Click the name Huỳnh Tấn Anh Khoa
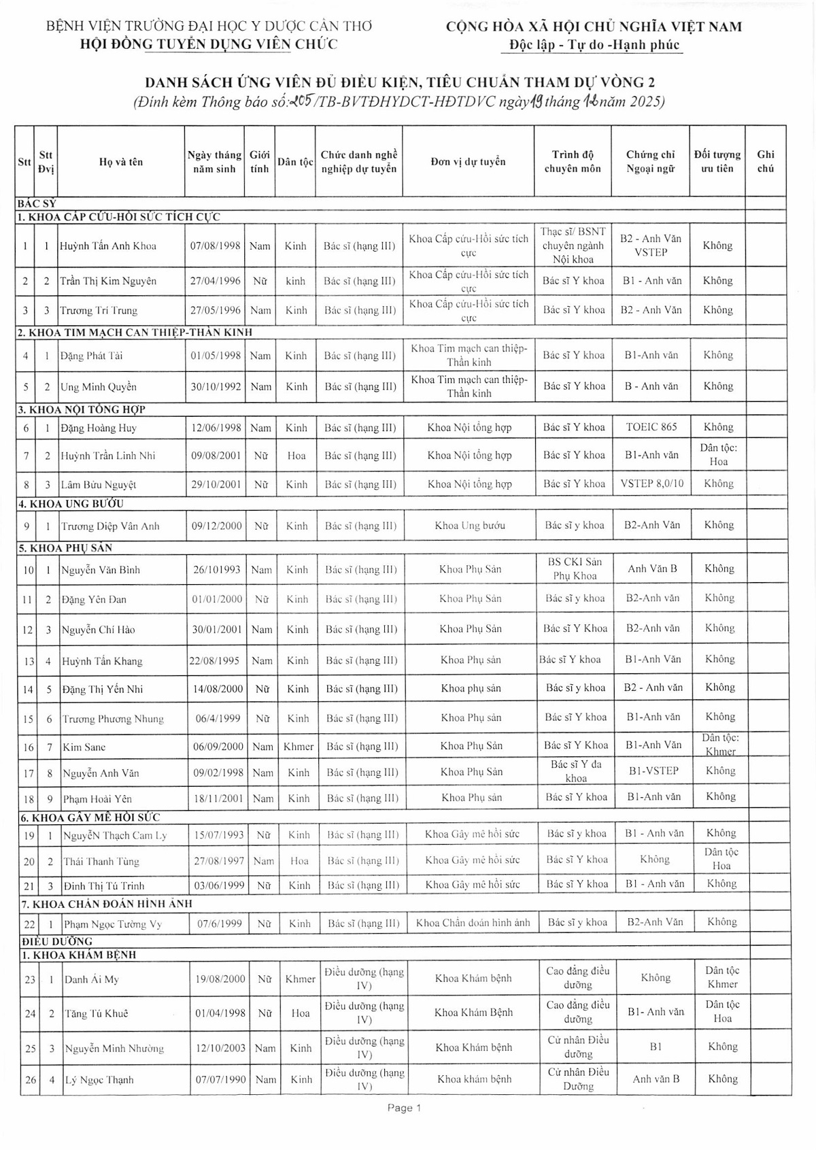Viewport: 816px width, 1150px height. coord(107,246)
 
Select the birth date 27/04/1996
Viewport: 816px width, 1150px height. coord(215,281)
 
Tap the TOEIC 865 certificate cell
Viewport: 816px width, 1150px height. coord(651,427)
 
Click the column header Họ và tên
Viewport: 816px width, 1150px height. coord(121,162)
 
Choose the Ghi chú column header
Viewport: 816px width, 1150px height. coord(765,161)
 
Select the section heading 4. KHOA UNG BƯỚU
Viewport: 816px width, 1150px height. coord(71,504)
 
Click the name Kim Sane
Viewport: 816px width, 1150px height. coord(84,747)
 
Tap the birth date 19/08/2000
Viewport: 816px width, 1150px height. coord(220,979)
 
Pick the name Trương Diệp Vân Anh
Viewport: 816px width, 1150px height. coord(110,526)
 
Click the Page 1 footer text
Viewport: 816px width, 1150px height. coord(404,1108)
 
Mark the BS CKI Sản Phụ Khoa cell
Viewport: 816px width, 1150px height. coord(575,569)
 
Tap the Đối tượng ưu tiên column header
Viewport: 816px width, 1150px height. coord(717,161)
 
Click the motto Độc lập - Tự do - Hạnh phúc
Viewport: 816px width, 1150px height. coord(594,46)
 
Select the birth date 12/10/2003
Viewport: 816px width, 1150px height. coord(220,1048)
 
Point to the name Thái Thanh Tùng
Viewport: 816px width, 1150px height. coord(101,862)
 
